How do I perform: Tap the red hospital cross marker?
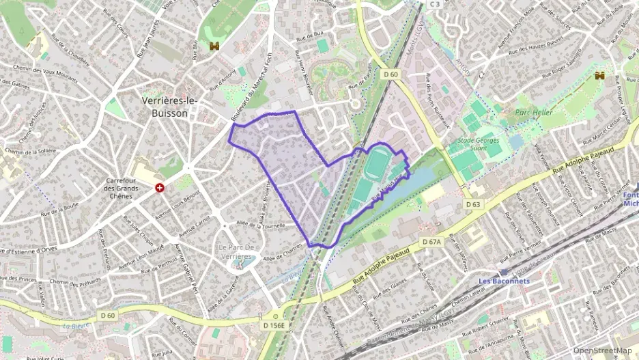click(160, 187)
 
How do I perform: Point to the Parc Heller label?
click(534, 112)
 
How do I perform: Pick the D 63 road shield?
click(474, 204)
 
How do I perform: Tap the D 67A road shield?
click(431, 242)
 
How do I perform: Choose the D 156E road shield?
click(274, 326)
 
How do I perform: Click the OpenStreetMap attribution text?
click(602, 350)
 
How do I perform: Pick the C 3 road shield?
click(435, 4)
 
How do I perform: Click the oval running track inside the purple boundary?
click(376, 165)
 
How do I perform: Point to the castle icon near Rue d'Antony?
click(214, 46)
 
